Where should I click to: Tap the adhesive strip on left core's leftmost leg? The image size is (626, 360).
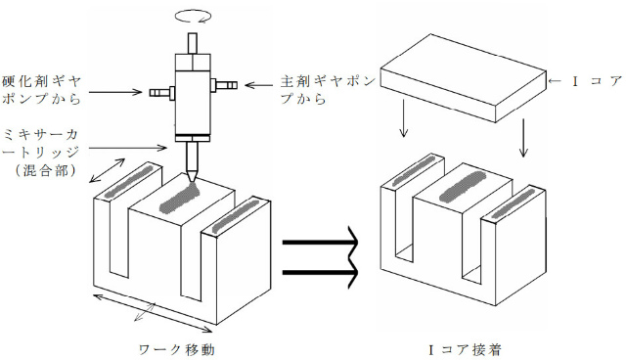pyautogui.click(x=128, y=180)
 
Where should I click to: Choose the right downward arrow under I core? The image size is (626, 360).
pyautogui.click(x=525, y=138)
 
